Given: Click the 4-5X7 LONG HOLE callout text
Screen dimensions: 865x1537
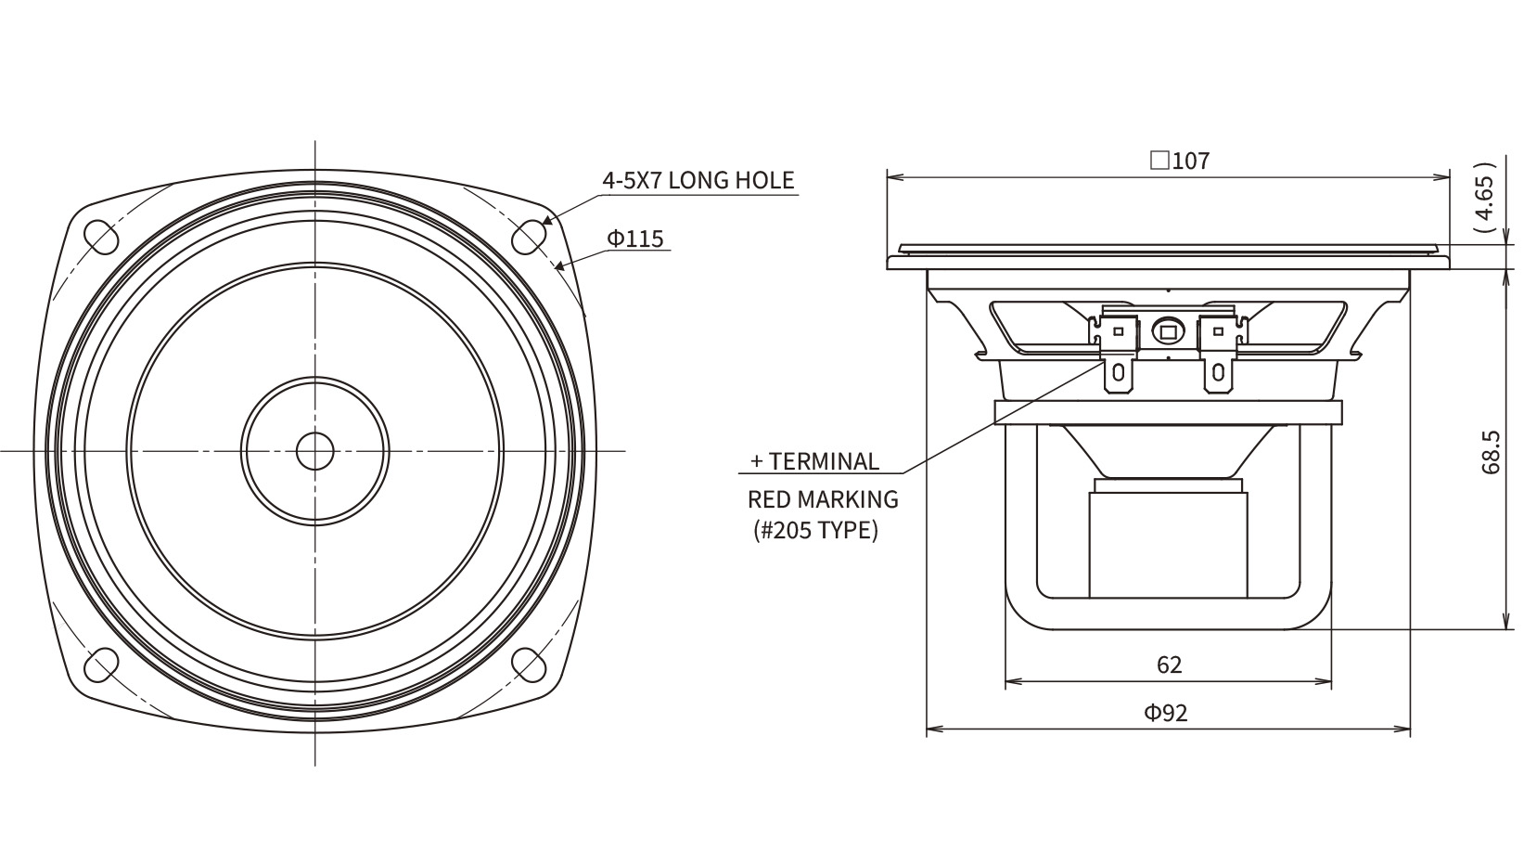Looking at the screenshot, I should [x=698, y=179].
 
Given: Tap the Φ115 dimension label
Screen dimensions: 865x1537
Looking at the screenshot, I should [x=635, y=239].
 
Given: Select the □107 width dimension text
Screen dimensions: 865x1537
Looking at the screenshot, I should [x=1179, y=161].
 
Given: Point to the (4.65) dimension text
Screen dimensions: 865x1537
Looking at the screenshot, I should [x=1485, y=202].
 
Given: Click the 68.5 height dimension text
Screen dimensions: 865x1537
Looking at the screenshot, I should [x=1490, y=452].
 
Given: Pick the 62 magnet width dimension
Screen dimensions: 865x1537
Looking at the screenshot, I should [x=1169, y=665].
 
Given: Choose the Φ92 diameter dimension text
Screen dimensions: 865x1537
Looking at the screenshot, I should [x=1165, y=713].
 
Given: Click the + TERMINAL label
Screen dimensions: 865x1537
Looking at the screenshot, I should [x=813, y=461].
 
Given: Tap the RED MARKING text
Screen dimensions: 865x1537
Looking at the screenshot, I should [x=823, y=499].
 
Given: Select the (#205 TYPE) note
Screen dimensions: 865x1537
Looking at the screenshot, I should [x=813, y=531].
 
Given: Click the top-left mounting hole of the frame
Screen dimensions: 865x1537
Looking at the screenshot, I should [x=101, y=235].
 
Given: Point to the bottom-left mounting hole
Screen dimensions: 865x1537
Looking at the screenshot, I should [x=101, y=664].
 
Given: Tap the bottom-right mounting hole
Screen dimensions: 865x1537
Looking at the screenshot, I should [x=529, y=664].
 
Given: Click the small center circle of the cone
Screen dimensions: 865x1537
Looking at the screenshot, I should [x=314, y=450].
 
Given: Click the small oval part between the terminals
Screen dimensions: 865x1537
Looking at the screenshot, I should [x=1167, y=330].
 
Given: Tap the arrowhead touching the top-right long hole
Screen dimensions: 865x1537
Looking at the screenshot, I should [x=546, y=221].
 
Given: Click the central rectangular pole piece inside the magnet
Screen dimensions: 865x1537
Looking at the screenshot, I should [x=1167, y=543].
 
